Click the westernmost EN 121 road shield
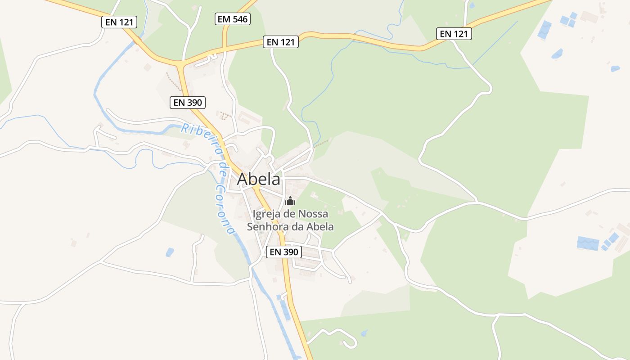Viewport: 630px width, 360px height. tap(119, 22)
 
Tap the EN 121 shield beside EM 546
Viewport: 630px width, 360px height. tap(280, 42)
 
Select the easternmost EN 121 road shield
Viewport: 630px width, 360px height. tap(454, 33)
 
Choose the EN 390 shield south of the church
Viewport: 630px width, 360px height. tap(284, 252)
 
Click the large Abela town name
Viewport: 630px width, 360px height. tap(258, 179)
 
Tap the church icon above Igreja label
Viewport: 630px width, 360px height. tap(290, 201)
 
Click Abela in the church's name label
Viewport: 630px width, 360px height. tap(320, 226)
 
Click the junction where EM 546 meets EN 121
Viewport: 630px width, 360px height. tap(224, 48)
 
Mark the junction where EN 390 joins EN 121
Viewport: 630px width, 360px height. tap(181, 64)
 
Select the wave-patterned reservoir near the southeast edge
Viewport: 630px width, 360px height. tap(588, 243)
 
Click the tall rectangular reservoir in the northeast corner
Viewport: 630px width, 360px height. tap(544, 30)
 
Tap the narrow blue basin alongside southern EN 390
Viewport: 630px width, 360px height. tap(285, 309)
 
